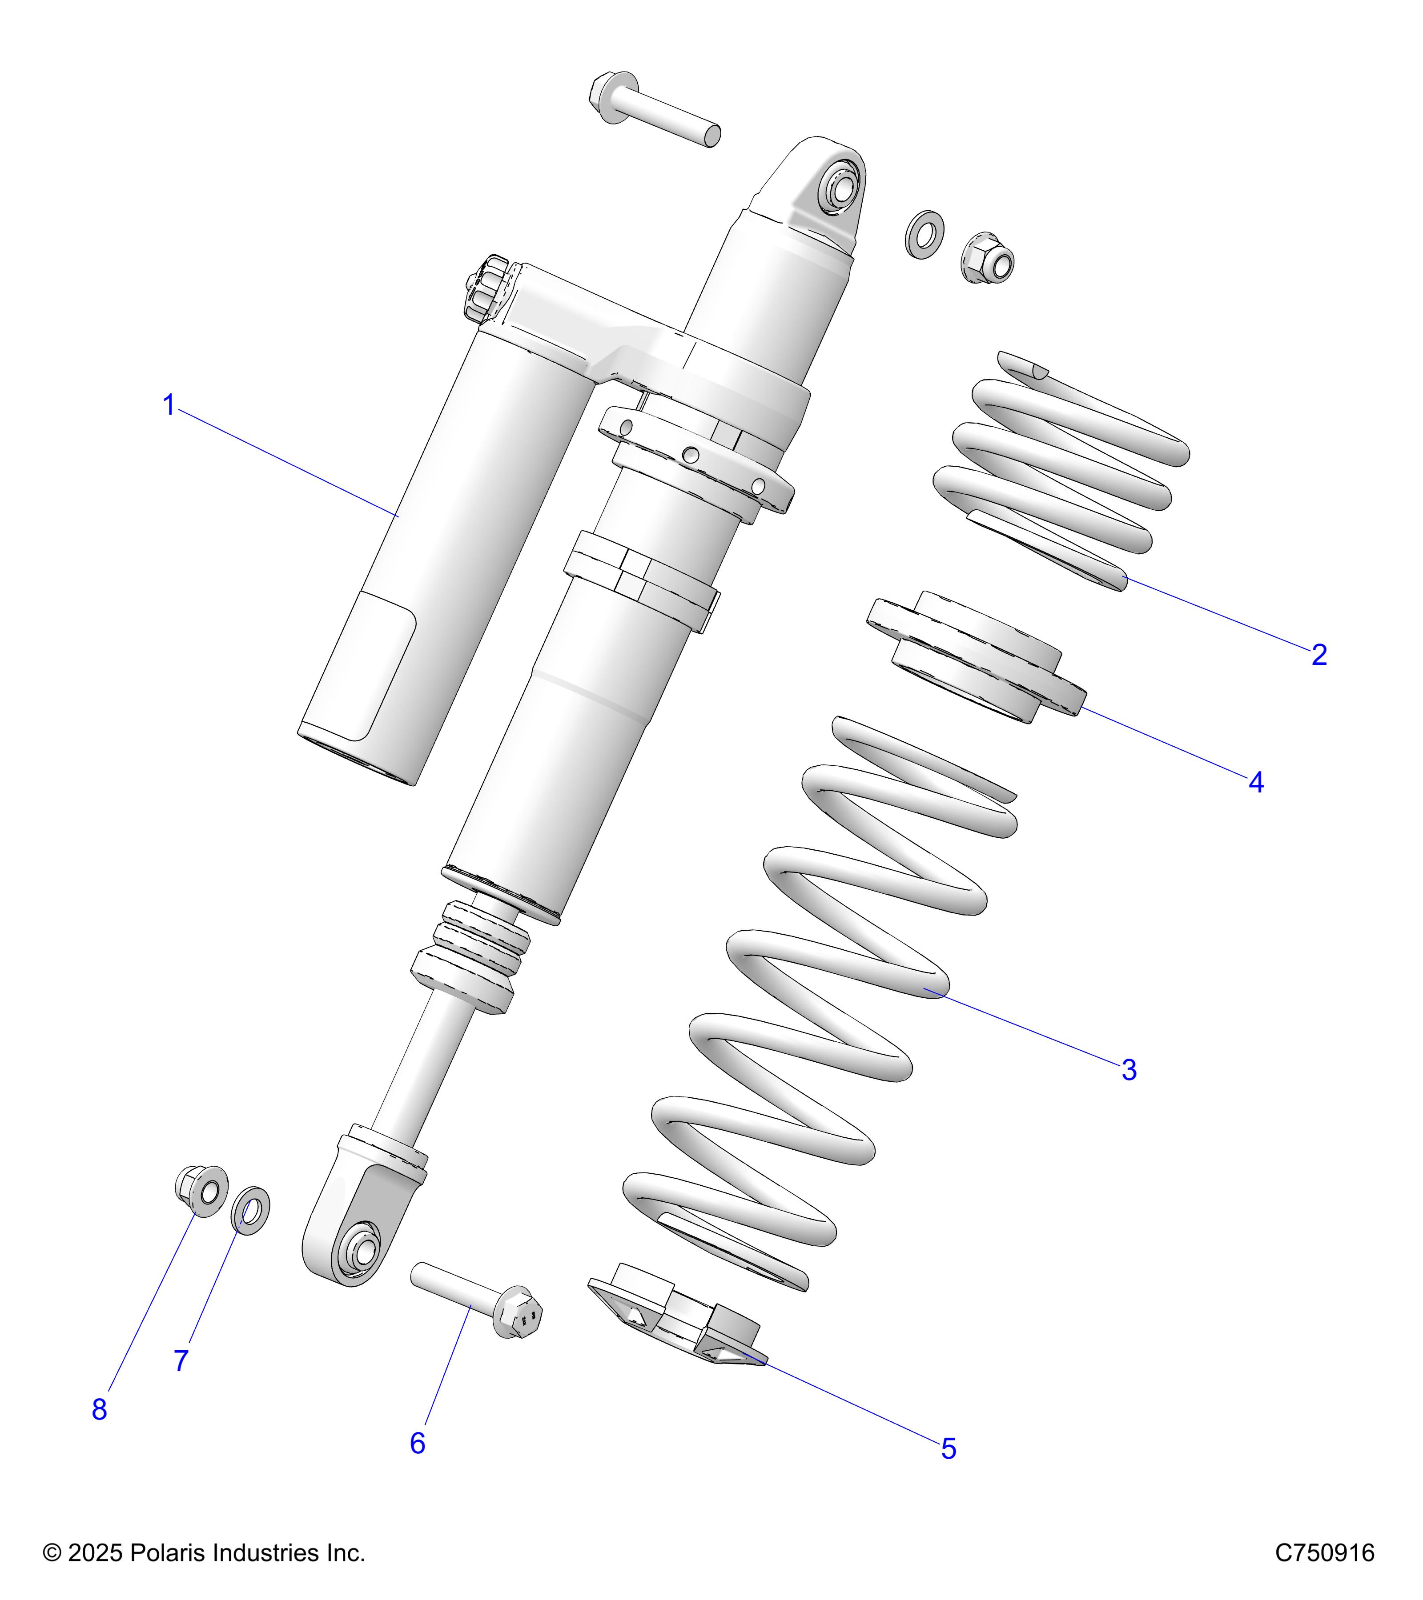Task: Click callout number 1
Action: point(169,405)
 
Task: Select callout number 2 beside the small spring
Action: point(1319,654)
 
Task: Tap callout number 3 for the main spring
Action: point(1129,1069)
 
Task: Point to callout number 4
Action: point(1255,782)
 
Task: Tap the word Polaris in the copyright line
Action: point(166,1553)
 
